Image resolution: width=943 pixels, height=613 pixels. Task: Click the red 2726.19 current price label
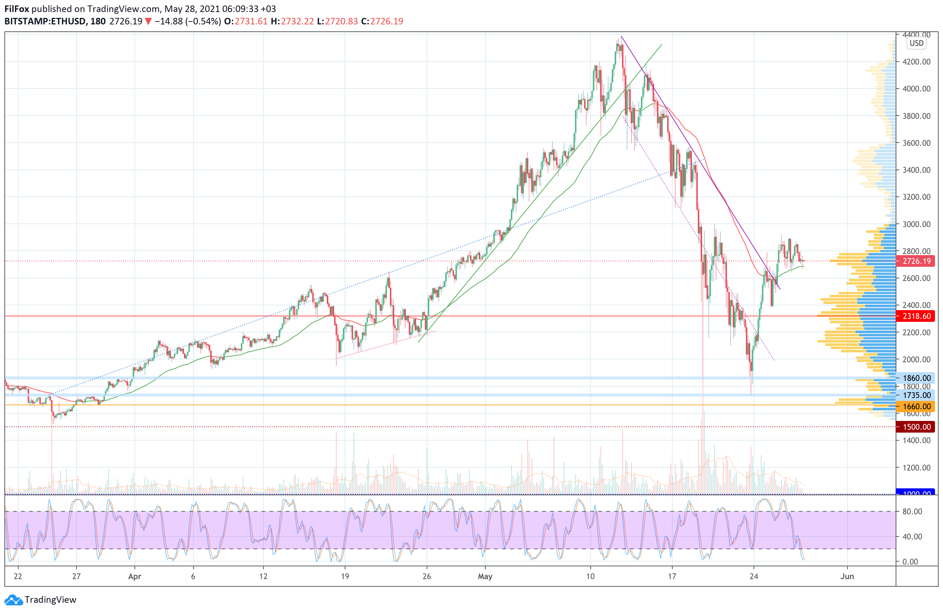(x=916, y=261)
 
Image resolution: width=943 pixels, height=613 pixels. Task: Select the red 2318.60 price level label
(x=916, y=316)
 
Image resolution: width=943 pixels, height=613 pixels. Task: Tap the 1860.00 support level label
(x=916, y=378)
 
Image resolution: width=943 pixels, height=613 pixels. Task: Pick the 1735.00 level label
(x=916, y=395)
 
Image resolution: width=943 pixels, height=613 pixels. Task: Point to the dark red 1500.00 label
(x=916, y=427)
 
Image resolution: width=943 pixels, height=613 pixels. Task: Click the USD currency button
(x=916, y=43)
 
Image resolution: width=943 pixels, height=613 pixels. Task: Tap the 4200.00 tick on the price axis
(x=916, y=62)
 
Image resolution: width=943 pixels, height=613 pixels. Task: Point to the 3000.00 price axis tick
(x=916, y=224)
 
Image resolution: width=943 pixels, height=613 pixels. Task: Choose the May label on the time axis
(x=485, y=577)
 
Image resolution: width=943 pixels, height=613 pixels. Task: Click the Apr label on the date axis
(x=135, y=577)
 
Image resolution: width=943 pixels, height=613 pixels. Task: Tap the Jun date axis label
(x=847, y=577)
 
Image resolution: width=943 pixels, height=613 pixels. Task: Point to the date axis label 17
(x=672, y=577)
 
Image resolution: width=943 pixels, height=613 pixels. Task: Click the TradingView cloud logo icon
(x=13, y=600)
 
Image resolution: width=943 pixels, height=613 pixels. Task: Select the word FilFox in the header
(x=17, y=9)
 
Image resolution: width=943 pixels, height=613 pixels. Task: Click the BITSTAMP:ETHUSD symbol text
(x=45, y=22)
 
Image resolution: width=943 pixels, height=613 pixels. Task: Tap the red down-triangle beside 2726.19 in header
(x=148, y=22)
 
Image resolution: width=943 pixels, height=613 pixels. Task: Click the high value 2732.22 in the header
(x=297, y=22)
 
